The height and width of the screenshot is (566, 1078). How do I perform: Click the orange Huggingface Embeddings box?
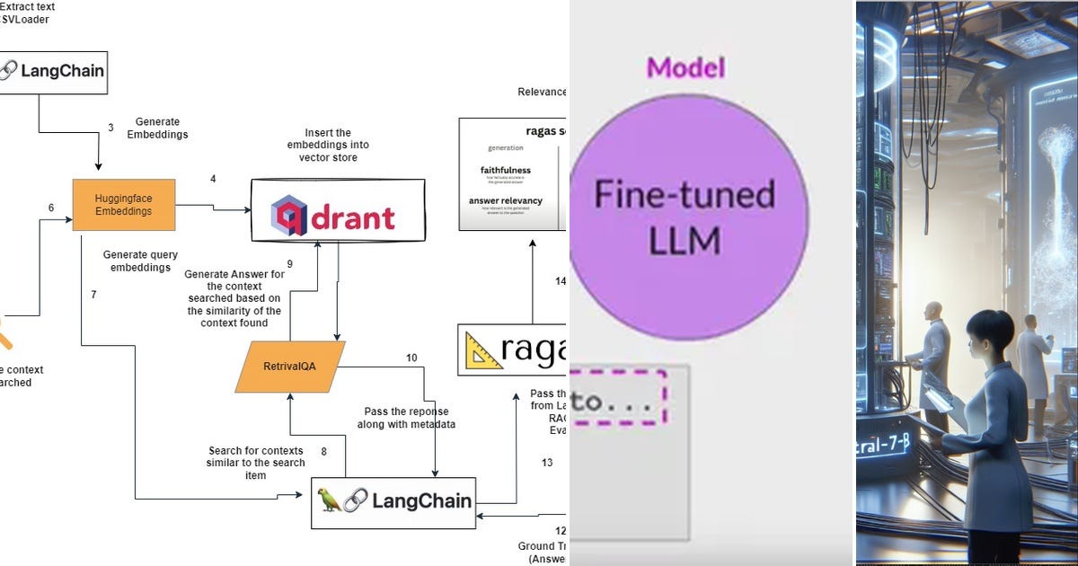124,205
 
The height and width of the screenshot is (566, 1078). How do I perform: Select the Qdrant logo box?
338,210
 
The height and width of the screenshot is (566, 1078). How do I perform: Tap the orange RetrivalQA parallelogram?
289,367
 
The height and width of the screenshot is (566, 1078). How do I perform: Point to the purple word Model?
685,67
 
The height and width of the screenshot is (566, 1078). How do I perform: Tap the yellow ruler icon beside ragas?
485,351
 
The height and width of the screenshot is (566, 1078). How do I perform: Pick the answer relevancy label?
506,200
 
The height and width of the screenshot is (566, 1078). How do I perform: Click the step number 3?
110,128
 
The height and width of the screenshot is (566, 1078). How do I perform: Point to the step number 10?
411,358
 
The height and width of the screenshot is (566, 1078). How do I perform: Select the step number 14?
561,281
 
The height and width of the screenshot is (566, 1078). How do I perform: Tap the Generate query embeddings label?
138,261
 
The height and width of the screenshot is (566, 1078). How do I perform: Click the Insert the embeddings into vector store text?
327,145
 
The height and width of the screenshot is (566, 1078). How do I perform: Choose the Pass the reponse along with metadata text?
411,417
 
